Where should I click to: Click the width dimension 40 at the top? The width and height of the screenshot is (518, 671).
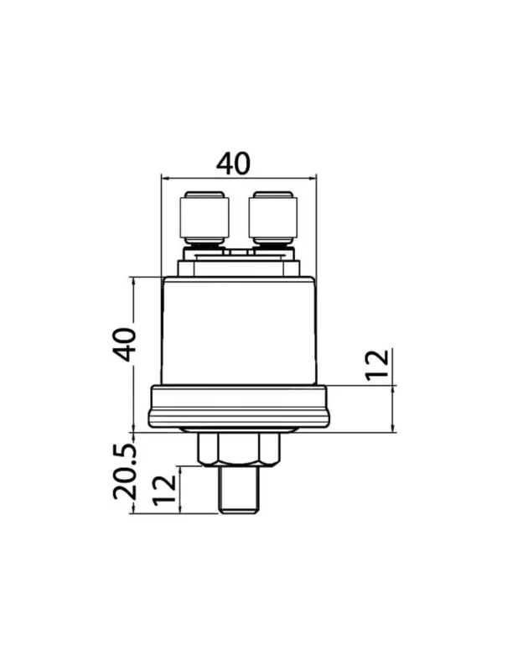point(233,163)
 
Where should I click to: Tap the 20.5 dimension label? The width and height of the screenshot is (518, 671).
point(125,472)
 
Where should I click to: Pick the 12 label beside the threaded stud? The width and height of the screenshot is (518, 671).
point(165,490)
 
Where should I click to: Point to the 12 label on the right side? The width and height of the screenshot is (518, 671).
point(377,365)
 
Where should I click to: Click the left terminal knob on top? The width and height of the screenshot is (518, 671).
point(205,217)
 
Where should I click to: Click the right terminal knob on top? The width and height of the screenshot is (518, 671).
point(272,217)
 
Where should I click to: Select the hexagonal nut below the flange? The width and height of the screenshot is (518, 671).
point(239,450)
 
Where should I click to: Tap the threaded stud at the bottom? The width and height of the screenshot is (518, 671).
point(239,490)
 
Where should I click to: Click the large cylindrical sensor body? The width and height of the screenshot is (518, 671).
point(239,330)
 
